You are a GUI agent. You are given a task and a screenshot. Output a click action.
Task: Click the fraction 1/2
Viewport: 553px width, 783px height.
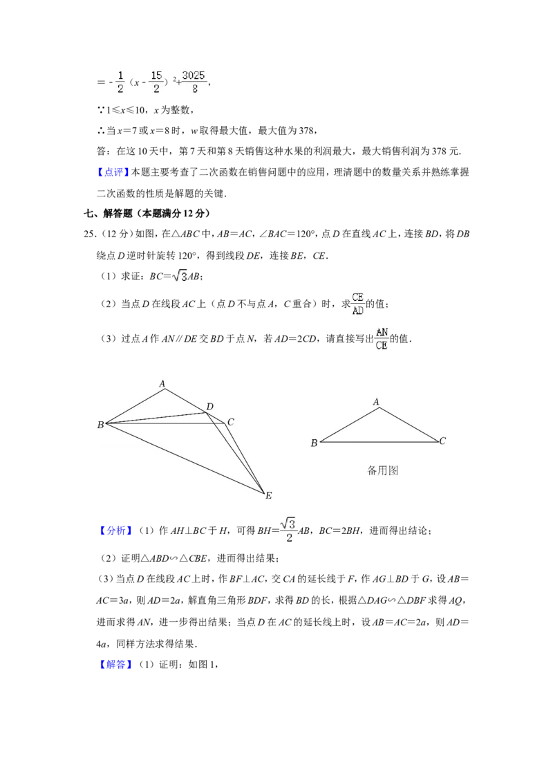tap(120, 80)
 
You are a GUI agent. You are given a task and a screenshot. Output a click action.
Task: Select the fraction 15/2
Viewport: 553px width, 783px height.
tap(156, 80)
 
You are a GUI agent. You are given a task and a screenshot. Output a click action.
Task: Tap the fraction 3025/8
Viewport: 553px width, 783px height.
tap(194, 80)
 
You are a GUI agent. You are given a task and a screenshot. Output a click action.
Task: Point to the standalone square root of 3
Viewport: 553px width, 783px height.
tap(180, 276)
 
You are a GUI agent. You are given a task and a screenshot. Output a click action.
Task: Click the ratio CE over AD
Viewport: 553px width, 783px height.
tap(358, 304)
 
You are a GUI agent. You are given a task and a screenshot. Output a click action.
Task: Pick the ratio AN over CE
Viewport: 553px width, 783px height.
tap(382, 338)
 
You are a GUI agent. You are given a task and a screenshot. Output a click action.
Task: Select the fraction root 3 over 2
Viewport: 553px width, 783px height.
tap(288, 531)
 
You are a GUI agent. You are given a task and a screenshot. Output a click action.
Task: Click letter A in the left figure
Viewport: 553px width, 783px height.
tap(162, 383)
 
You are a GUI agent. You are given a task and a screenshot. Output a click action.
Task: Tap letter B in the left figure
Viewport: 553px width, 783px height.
tap(100, 425)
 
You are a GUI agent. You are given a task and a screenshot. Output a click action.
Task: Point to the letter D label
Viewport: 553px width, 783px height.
tap(209, 406)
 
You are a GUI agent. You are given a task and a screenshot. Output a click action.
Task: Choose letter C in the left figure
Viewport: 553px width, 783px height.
tap(230, 422)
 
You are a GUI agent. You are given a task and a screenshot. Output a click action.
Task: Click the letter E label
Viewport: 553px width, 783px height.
tap(268, 495)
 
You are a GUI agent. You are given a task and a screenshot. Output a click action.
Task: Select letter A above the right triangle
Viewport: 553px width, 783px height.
tap(376, 402)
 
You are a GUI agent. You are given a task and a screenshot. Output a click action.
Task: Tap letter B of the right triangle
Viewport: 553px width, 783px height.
tap(314, 443)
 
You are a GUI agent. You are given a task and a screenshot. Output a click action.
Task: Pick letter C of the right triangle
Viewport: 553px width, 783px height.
tap(442, 441)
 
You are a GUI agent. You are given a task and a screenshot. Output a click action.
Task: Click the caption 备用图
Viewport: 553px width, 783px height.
tap(382, 470)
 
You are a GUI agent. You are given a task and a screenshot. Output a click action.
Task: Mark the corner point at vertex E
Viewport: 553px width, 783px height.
tap(264, 492)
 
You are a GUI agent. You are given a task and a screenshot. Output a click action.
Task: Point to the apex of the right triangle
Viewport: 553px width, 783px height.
tap(379, 408)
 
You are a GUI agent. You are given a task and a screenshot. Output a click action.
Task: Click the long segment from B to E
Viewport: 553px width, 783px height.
tap(185, 457)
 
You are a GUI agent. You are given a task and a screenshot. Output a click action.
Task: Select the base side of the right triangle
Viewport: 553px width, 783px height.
tap(379, 441)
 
